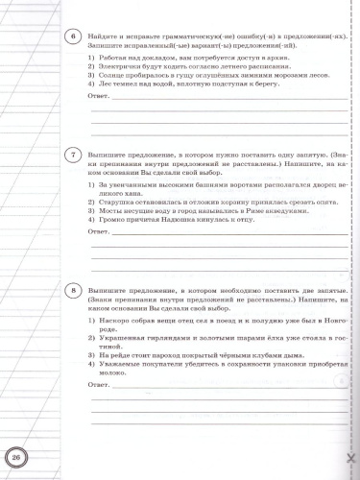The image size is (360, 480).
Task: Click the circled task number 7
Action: (x=74, y=155)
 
